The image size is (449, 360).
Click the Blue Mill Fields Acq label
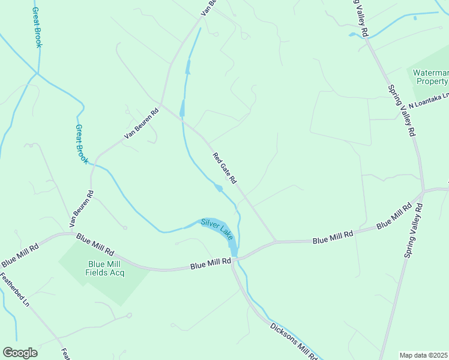(106, 268)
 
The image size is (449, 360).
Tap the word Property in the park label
(432, 81)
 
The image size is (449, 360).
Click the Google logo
(20, 353)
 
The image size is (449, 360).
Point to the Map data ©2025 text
(423, 355)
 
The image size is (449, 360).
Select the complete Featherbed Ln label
(14, 290)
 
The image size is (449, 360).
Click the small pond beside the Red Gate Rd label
(218, 188)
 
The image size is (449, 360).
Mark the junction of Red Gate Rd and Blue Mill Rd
(276, 241)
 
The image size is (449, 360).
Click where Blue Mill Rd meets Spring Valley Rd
(424, 191)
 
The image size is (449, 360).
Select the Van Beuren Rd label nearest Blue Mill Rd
(82, 208)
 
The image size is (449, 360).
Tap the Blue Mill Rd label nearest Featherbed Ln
(20, 254)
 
